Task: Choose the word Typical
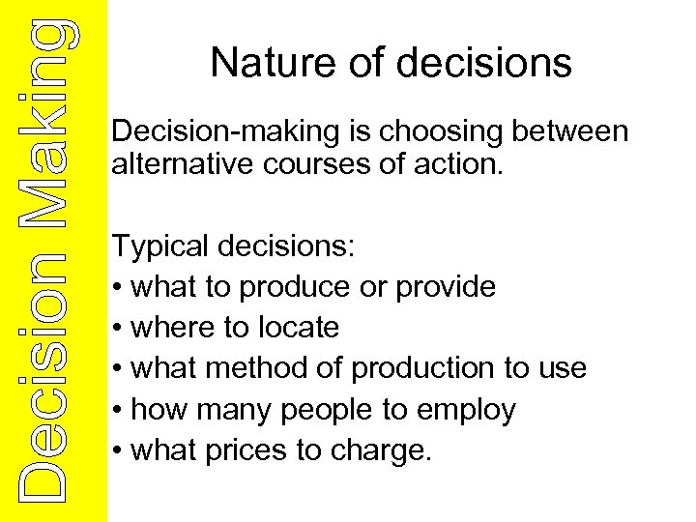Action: click(x=159, y=247)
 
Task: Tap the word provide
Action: click(x=446, y=287)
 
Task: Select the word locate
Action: click(x=299, y=328)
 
